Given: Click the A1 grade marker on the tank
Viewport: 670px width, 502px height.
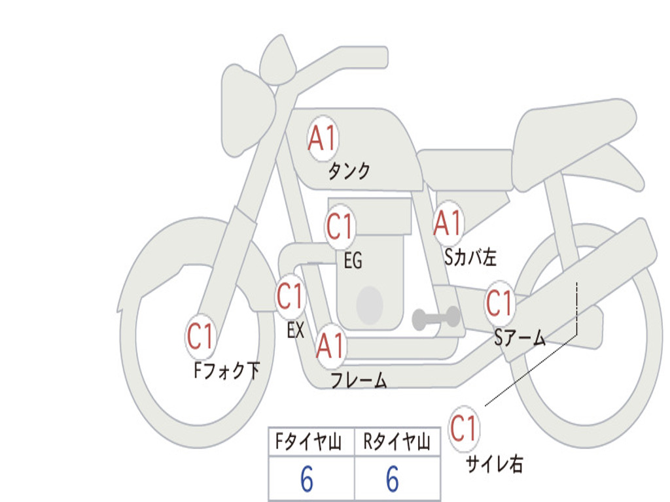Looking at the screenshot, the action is [322, 139].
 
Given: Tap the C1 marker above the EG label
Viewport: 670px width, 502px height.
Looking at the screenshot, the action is [340, 227].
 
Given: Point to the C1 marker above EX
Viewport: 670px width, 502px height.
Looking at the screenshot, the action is [291, 297].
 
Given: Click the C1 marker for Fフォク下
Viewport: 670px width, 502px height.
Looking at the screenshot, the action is [201, 337].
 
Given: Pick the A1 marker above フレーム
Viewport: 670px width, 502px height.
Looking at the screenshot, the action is [330, 346].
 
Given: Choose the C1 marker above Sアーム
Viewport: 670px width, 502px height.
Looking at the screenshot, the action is [499, 303].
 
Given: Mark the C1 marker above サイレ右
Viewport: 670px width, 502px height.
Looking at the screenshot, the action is [464, 429].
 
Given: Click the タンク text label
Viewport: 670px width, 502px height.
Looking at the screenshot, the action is [349, 171].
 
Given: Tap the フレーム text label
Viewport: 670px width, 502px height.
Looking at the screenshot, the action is [358, 380].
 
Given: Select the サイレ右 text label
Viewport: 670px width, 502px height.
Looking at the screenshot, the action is [495, 464].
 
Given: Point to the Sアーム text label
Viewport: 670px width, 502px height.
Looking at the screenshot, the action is [520, 338].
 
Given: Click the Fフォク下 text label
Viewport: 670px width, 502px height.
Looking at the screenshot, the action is [226, 371].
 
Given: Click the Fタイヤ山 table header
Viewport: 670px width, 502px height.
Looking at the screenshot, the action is [308, 443].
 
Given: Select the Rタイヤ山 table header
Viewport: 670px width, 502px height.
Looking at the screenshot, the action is [397, 443].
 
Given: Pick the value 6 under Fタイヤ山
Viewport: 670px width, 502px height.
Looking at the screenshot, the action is [306, 480].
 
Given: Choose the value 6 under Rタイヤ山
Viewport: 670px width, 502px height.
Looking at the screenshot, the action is [392, 480].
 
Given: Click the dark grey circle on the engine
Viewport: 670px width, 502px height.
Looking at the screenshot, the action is [370, 305].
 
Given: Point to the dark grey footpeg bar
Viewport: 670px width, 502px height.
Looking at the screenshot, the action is [436, 318].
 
